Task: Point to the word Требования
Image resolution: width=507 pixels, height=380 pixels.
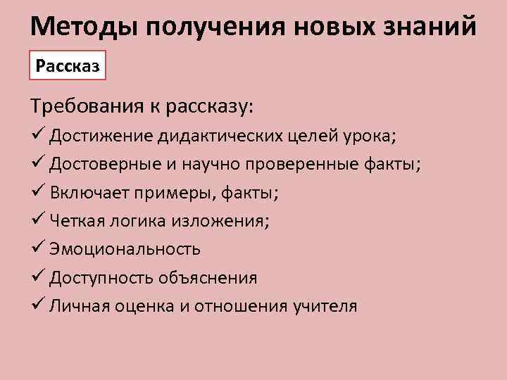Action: pos(88,107)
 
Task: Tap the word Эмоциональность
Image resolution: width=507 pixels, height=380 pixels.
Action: pos(125,250)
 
